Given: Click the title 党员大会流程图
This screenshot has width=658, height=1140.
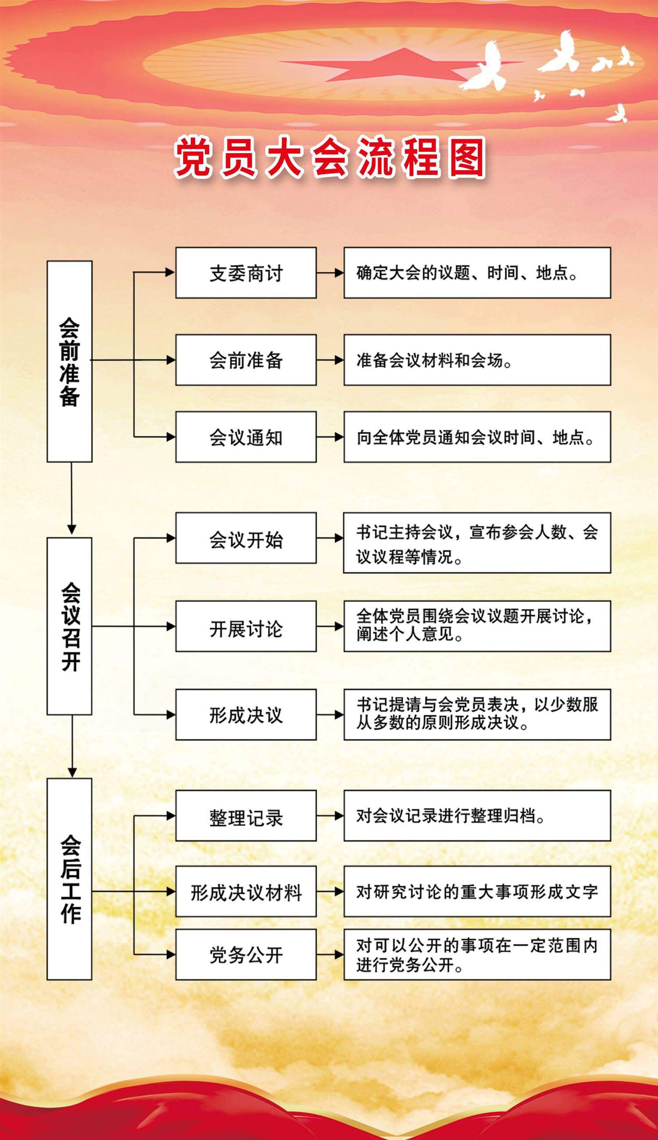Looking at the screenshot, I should point(330,157).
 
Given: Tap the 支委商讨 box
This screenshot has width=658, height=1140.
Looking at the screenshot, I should point(246,272).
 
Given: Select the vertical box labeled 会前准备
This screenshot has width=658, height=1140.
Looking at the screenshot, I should point(70,361).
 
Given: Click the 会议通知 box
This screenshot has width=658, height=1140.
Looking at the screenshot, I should point(246,437).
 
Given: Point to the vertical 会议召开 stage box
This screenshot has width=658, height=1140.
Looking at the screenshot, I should point(70,626).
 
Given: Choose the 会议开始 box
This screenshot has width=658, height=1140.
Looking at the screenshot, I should point(246,538).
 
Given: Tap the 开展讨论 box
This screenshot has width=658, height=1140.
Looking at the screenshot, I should point(246,627).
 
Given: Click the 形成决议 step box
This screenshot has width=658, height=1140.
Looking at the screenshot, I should point(246,715).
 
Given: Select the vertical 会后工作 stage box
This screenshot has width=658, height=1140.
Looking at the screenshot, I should point(70,879).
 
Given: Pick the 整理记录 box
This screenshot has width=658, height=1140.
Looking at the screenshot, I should point(246,816).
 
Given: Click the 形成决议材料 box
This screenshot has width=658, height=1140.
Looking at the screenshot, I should point(246,891).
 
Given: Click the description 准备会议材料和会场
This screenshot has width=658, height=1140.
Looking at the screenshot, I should point(434,360).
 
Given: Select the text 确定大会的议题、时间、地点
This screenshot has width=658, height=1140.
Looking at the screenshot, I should point(466,272).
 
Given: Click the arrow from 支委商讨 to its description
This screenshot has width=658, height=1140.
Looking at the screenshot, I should point(330,272).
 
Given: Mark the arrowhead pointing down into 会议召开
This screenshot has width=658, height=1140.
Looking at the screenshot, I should point(72,529).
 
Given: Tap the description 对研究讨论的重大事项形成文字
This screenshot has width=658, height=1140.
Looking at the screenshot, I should point(477,891).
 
